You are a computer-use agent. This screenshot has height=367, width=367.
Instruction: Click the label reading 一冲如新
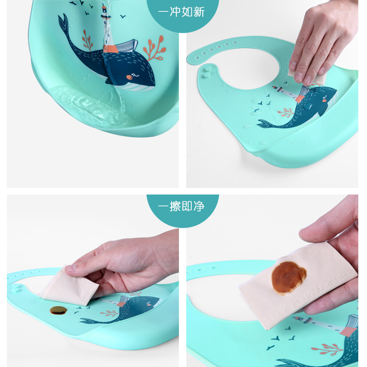[181, 12]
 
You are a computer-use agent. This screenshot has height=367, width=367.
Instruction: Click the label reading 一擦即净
[181, 206]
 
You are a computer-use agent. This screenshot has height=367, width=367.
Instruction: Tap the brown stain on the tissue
[289, 277]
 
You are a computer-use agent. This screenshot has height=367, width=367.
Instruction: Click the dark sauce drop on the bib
[58, 310]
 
